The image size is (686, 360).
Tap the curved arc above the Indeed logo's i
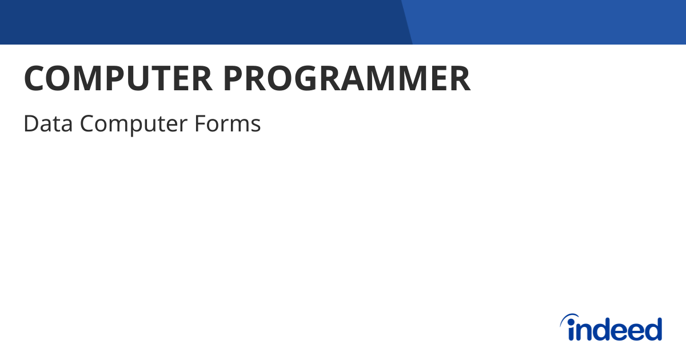tap(569, 318)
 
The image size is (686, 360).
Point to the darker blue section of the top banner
tap(200, 22)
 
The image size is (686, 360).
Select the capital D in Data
tap(30, 123)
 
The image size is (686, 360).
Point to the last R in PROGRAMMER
tap(460, 79)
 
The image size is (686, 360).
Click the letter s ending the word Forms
tap(256, 125)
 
